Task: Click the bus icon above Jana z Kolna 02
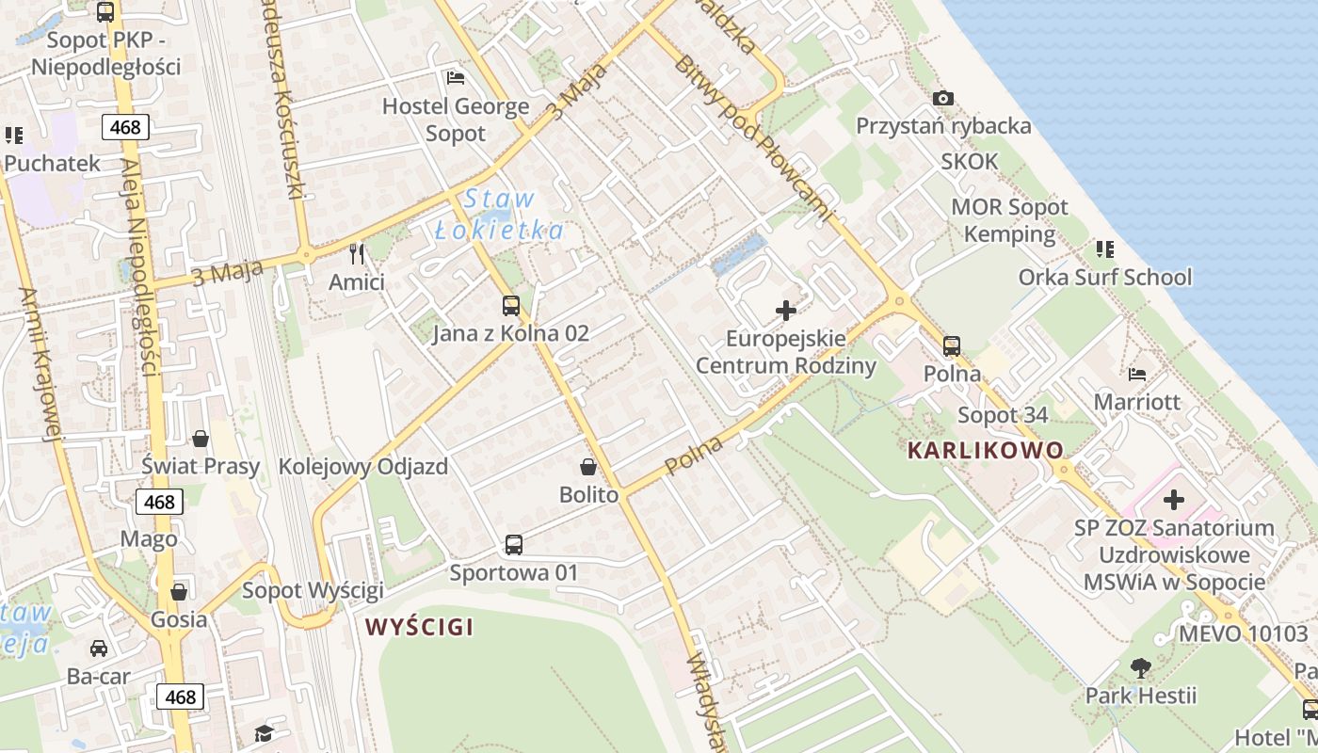pyautogui.click(x=511, y=305)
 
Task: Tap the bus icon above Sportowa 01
pyautogui.click(x=513, y=544)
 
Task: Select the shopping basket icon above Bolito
pyautogui.click(x=588, y=466)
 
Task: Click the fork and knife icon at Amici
pyautogui.click(x=357, y=253)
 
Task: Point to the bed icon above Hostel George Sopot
pyautogui.click(x=456, y=77)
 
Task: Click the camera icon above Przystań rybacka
pyautogui.click(x=942, y=98)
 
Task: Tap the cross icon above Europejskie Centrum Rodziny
pyautogui.click(x=785, y=310)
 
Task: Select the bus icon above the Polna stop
pyautogui.click(x=952, y=345)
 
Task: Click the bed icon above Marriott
pyautogui.click(x=1137, y=374)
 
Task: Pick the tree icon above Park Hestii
pyautogui.click(x=1140, y=668)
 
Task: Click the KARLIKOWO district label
pyautogui.click(x=985, y=450)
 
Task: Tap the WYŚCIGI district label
pyautogui.click(x=419, y=626)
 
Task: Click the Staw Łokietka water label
pyautogui.click(x=500, y=215)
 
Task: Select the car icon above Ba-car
pyautogui.click(x=98, y=649)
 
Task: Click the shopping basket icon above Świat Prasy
pyautogui.click(x=201, y=438)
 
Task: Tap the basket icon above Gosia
pyautogui.click(x=178, y=591)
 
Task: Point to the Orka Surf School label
pyautogui.click(x=1104, y=277)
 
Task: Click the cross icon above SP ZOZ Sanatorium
pyautogui.click(x=1173, y=500)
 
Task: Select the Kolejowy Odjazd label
pyautogui.click(x=362, y=467)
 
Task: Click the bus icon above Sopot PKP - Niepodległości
pyautogui.click(x=105, y=12)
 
